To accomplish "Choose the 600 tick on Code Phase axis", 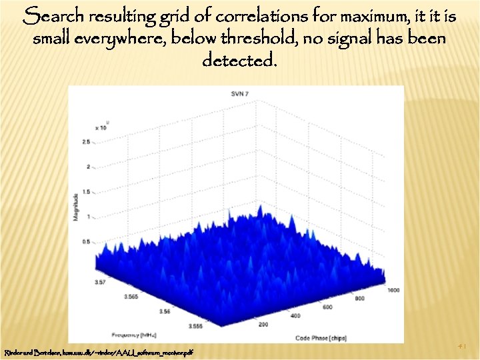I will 327,307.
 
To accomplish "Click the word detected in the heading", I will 237,61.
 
